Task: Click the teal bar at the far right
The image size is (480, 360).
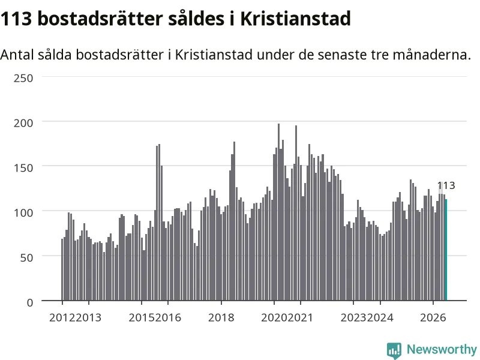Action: tap(446, 250)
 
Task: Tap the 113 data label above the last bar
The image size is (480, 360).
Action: tap(446, 185)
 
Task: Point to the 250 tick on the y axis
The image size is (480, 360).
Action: tap(23, 78)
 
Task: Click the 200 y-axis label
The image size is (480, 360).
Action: tap(23, 123)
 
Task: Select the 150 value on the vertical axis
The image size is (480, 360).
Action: tap(23, 168)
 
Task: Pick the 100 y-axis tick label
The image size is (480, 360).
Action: tap(23, 213)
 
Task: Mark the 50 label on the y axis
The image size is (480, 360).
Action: tap(26, 257)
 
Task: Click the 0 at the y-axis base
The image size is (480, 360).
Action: tap(29, 302)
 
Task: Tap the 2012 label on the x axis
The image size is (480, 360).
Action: tap(62, 317)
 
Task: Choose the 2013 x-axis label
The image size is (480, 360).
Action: tap(88, 317)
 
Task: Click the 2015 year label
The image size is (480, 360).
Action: tap(142, 317)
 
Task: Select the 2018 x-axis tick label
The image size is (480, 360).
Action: tap(221, 317)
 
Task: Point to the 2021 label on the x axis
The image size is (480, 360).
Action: tap(301, 317)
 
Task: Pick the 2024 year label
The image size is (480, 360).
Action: tap(380, 317)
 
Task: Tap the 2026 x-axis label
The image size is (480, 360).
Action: tap(433, 317)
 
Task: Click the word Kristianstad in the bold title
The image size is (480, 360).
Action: tap(295, 19)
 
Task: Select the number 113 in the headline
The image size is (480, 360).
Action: tap(16, 19)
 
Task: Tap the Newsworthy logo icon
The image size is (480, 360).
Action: tap(394, 350)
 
